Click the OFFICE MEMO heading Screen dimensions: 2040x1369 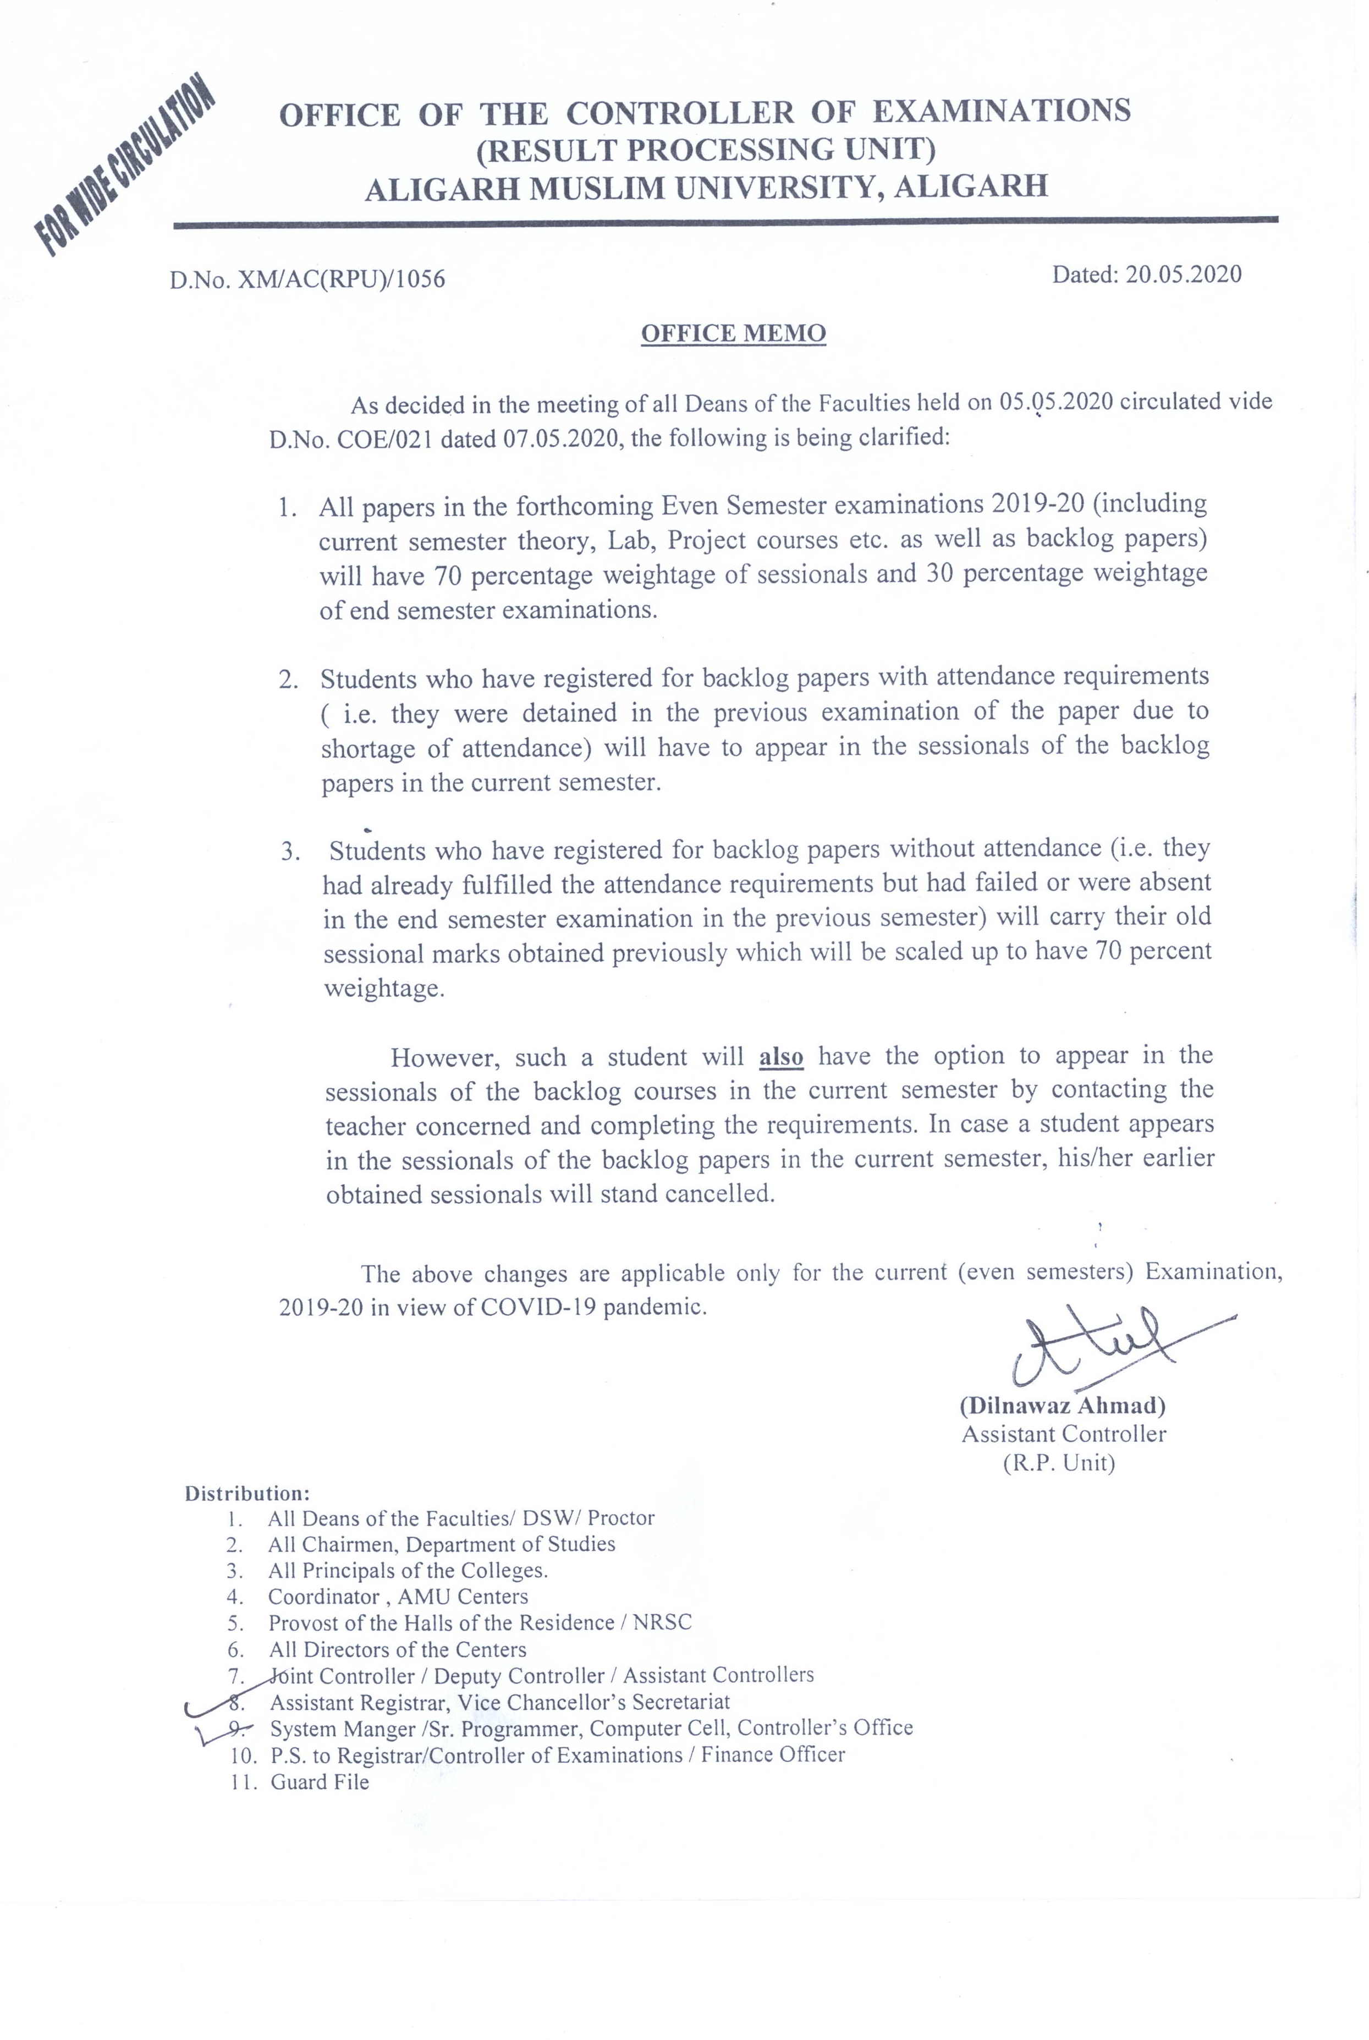pyautogui.click(x=733, y=333)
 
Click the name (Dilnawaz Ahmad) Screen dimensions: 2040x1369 pyautogui.click(x=1063, y=1405)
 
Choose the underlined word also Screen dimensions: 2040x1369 pyautogui.click(x=780, y=1057)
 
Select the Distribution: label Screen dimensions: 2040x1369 pyautogui.click(x=247, y=1493)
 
